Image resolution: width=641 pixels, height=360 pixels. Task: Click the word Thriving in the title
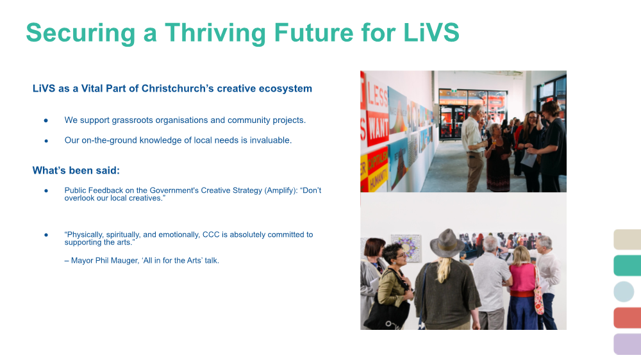215,33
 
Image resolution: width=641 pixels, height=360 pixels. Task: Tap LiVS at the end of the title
431,32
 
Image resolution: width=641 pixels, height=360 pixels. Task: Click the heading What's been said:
76,170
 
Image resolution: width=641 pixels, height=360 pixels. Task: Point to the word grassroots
133,120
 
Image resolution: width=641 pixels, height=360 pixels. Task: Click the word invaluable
271,140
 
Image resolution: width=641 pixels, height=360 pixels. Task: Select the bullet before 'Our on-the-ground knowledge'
46,140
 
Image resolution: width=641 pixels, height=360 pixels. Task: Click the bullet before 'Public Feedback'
46,190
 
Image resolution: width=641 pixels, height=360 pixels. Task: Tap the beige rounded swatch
627,240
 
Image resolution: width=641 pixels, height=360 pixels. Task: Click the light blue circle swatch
624,291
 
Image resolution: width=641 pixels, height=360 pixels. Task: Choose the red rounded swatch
627,318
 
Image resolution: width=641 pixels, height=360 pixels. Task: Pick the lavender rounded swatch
627,344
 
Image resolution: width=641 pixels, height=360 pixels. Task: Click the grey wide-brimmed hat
447,243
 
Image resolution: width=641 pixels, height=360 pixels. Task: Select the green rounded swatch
627,266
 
